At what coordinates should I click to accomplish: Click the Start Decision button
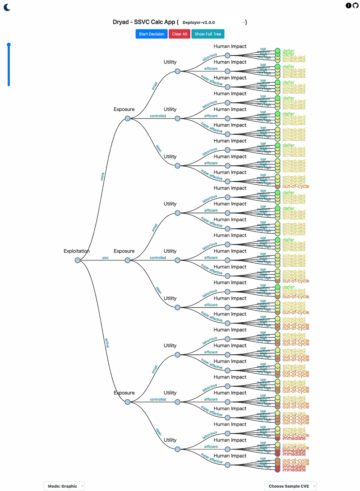pyautogui.click(x=152, y=34)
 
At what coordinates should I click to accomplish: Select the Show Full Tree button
pyautogui.click(x=208, y=34)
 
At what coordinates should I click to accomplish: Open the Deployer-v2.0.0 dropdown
pyautogui.click(x=213, y=22)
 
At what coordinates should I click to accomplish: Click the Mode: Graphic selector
pyautogui.click(x=64, y=486)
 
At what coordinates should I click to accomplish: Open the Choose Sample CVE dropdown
pyautogui.click(x=290, y=486)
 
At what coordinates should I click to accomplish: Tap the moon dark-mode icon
pyautogui.click(x=7, y=7)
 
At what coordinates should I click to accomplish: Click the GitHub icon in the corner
pyautogui.click(x=355, y=5)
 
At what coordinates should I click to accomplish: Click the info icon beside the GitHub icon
pyautogui.click(x=348, y=5)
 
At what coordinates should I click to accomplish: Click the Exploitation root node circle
pyautogui.click(x=77, y=260)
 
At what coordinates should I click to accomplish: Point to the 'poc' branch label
pyautogui.click(x=105, y=258)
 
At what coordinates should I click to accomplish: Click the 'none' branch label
pyautogui.click(x=103, y=176)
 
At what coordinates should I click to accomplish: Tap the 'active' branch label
pyautogui.click(x=107, y=343)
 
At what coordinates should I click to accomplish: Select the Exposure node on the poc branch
pyautogui.click(x=127, y=260)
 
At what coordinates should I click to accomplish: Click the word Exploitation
pyautogui.click(x=76, y=251)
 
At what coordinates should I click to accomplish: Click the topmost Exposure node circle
pyautogui.click(x=127, y=118)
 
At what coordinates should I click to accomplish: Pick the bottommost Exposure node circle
pyautogui.click(x=127, y=402)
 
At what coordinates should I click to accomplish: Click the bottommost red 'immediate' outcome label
pyautogui.click(x=294, y=470)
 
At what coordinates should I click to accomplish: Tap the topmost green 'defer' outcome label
pyautogui.click(x=288, y=51)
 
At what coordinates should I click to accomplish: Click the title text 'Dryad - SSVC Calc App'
pyautogui.click(x=144, y=22)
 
